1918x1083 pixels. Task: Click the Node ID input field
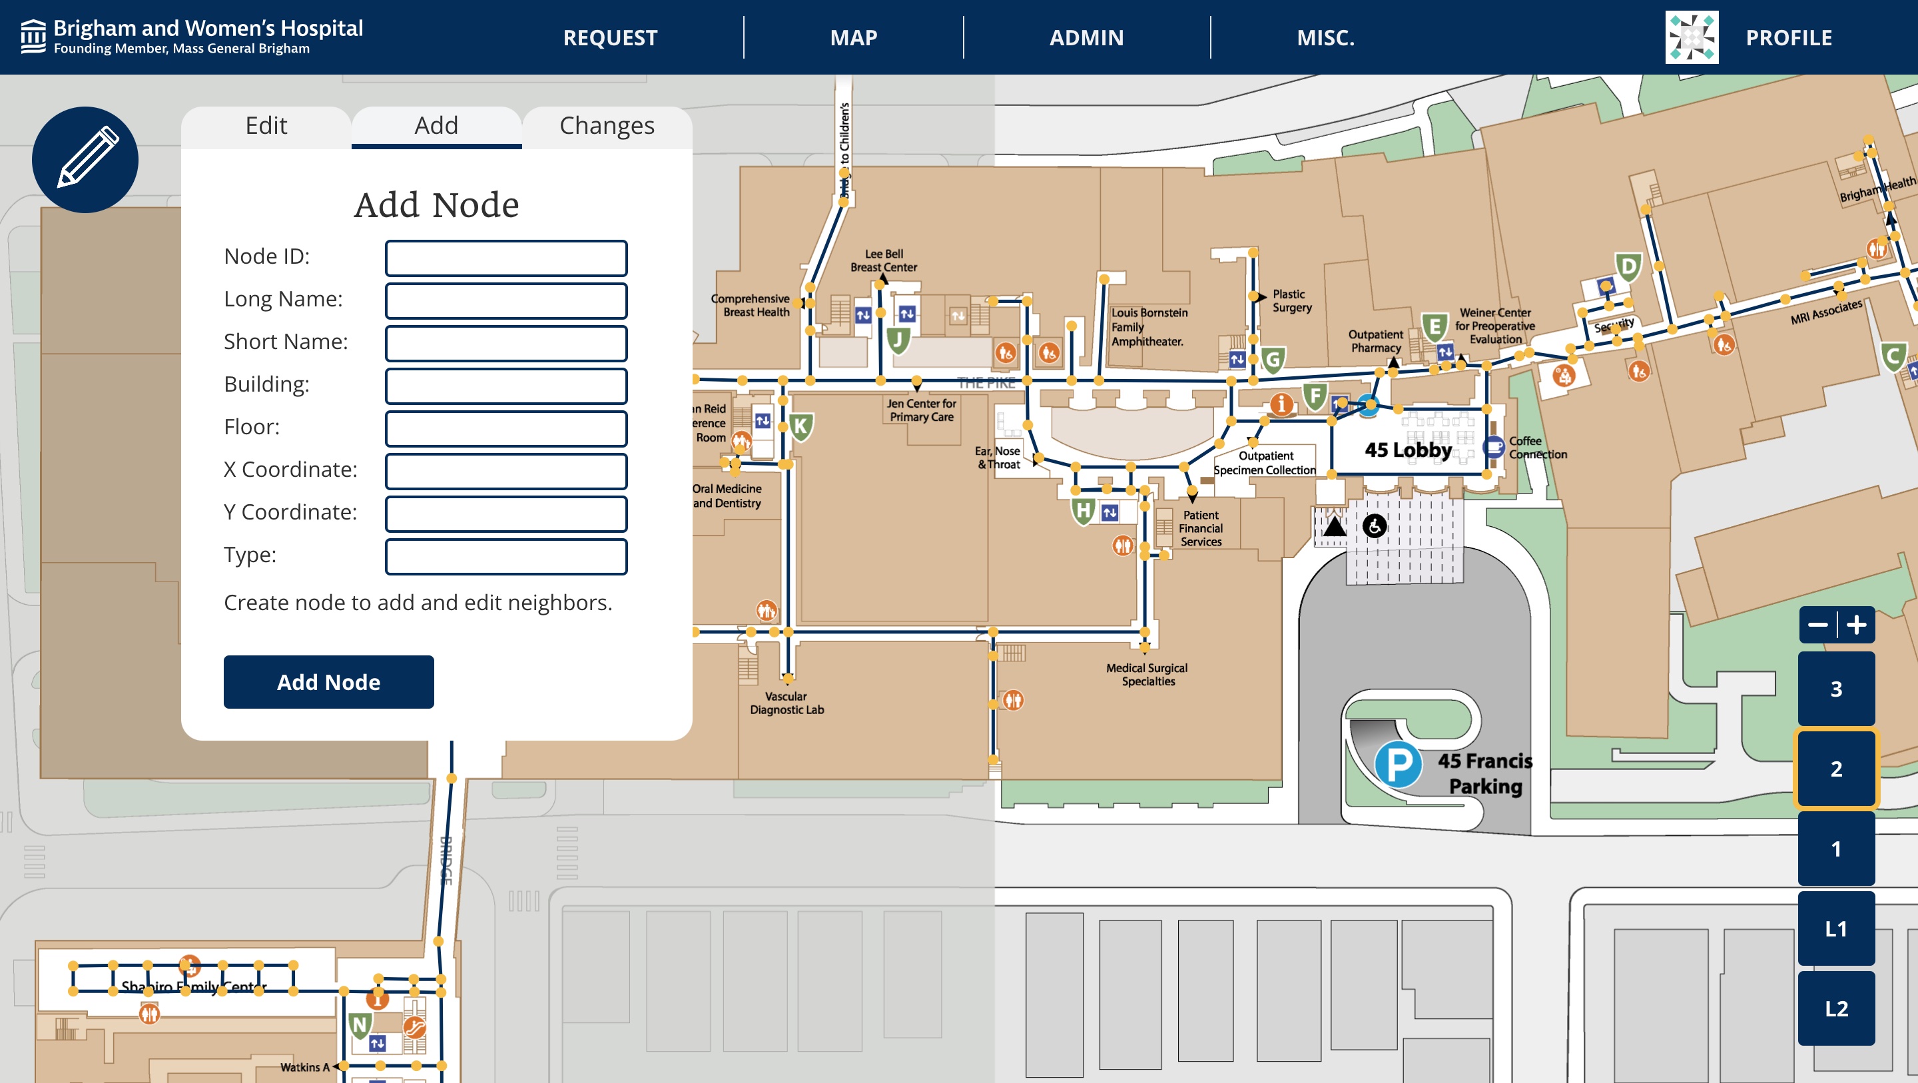point(505,258)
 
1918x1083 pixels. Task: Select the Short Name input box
point(505,344)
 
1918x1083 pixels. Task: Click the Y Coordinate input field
point(505,514)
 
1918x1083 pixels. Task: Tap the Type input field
point(505,556)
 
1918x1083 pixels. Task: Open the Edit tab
point(266,126)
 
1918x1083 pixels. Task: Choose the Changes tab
point(607,126)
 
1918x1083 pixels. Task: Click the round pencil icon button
point(85,159)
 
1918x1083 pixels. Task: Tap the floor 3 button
point(1835,688)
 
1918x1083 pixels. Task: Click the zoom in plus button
point(1856,624)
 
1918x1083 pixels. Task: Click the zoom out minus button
point(1817,624)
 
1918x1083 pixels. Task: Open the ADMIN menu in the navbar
point(1086,37)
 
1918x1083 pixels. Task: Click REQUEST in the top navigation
point(610,37)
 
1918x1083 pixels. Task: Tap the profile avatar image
point(1692,37)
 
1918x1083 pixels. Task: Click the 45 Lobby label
point(1407,450)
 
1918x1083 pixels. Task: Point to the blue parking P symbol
point(1398,764)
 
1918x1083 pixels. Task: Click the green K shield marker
point(800,427)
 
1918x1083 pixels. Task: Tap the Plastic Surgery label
point(1291,301)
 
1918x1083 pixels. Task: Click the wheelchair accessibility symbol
point(1374,526)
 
